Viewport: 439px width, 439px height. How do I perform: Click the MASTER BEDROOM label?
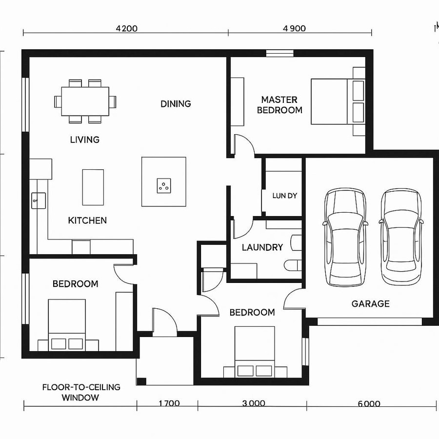[279, 105]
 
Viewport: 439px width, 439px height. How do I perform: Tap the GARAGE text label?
[370, 304]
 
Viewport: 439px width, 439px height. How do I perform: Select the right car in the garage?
[401, 237]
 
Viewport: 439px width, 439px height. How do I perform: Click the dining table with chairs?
[85, 101]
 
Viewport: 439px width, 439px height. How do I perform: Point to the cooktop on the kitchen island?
[163, 185]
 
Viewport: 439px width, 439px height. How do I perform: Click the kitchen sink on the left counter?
[38, 200]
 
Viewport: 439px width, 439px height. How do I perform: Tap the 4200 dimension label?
[126, 28]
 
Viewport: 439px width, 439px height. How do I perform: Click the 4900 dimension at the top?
[294, 28]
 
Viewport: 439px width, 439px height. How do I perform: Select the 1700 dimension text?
[169, 403]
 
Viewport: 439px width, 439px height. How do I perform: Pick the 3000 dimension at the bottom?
[254, 403]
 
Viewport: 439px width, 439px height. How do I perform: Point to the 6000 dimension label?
[369, 403]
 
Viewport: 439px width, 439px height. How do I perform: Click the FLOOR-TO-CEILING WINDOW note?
[81, 392]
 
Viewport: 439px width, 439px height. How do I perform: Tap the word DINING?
[176, 103]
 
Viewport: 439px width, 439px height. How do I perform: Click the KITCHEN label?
[87, 220]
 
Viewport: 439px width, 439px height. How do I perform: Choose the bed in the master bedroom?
[337, 101]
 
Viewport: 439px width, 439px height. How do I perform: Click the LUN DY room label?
[285, 196]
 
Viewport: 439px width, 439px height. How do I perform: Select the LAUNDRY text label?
[262, 247]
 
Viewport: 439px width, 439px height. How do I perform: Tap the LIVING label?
[85, 140]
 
